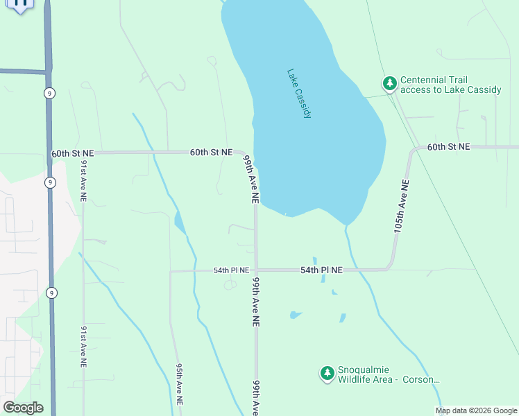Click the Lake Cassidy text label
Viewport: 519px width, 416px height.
point(299,94)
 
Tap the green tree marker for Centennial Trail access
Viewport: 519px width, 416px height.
point(390,84)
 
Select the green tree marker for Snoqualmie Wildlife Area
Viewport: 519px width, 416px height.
point(327,374)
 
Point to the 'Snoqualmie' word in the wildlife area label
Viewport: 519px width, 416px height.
point(363,370)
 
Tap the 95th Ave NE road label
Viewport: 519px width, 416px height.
point(178,383)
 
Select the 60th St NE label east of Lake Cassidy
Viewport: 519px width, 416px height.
point(448,147)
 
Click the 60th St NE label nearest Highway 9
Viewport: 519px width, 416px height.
point(72,153)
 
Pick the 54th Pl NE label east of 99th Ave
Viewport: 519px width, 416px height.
point(321,270)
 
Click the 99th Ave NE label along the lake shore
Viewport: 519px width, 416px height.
point(251,178)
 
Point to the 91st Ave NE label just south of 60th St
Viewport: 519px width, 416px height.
point(83,180)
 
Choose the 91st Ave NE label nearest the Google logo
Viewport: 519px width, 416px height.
point(83,345)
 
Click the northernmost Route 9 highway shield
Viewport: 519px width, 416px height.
point(49,93)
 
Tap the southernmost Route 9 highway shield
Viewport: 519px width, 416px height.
point(51,293)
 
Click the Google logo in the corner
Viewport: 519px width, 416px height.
point(23,408)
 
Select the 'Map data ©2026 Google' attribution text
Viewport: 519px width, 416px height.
point(477,410)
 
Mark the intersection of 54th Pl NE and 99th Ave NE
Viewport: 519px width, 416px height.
point(255,270)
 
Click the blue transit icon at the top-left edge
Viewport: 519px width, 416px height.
point(21,3)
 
